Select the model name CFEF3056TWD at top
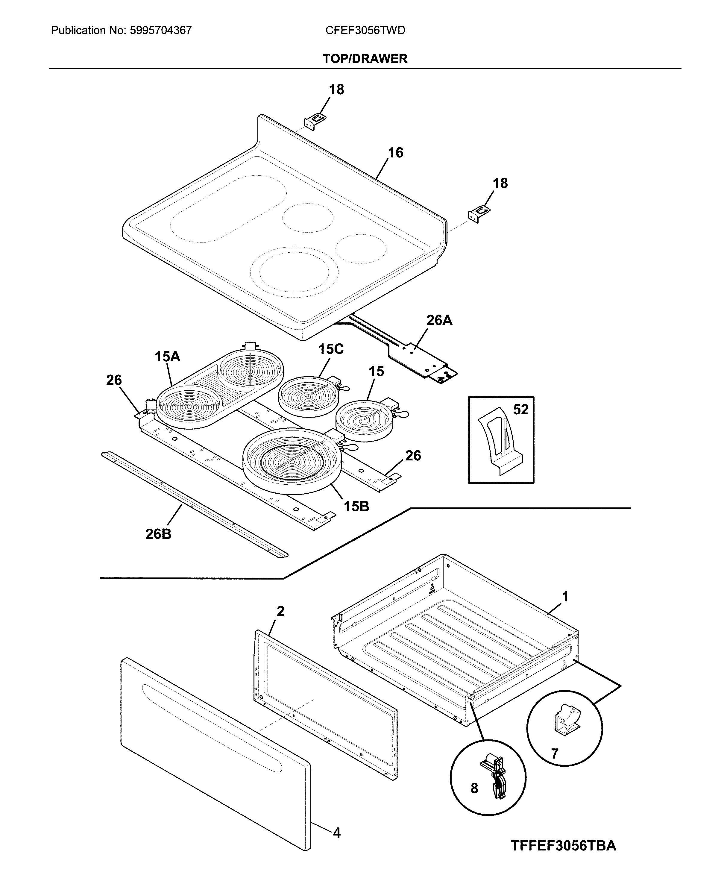tap(365, 30)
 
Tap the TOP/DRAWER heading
tap(365, 59)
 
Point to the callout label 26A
tap(439, 320)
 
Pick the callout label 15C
tap(331, 349)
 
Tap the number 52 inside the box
tap(521, 410)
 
